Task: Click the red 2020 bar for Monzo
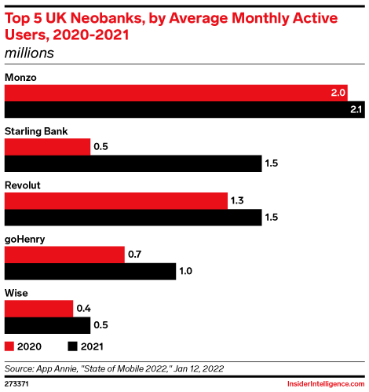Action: (x=177, y=93)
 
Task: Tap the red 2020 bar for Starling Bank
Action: (x=48, y=147)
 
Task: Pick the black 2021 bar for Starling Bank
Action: (x=133, y=163)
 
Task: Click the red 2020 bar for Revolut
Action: (x=116, y=201)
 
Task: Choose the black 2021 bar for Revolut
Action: (x=133, y=218)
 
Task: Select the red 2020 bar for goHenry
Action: (x=65, y=255)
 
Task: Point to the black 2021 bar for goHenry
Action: (x=90, y=272)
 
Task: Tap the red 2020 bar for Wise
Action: (x=39, y=309)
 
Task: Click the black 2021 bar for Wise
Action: (x=48, y=325)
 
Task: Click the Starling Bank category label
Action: (x=33, y=131)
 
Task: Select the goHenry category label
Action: (x=24, y=239)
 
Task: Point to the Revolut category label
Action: (x=23, y=185)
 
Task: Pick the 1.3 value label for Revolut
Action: (x=239, y=201)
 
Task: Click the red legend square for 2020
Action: (x=9, y=346)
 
